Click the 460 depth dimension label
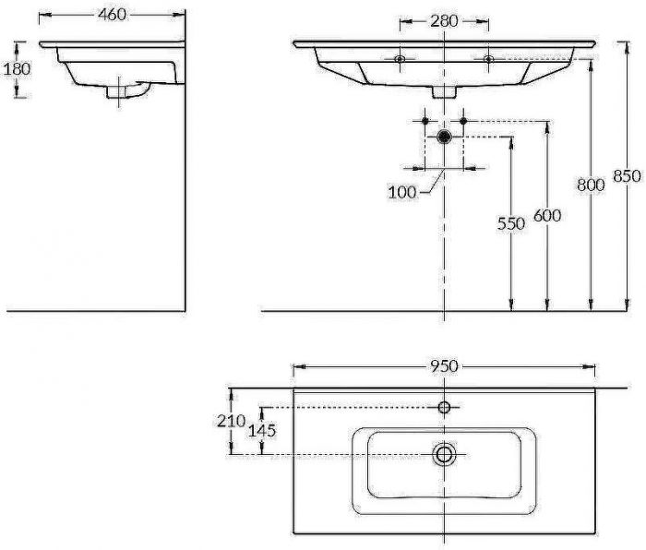[x=112, y=15]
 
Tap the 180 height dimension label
[x=17, y=69]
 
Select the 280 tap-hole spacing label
[x=444, y=21]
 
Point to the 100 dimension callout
[x=402, y=192]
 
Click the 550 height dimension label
[x=511, y=223]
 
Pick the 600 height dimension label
[x=547, y=215]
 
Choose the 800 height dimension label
[x=591, y=185]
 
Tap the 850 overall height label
[x=627, y=176]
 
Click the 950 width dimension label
[x=444, y=365]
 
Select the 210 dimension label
[x=232, y=421]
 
